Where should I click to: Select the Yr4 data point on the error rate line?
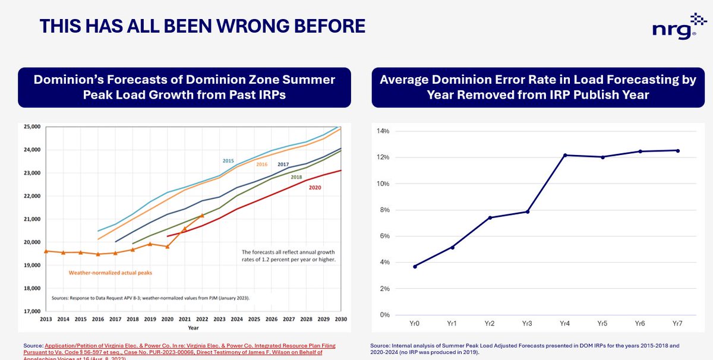[x=565, y=155]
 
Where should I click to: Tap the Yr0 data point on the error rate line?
[x=415, y=266]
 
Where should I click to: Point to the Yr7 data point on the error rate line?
[x=677, y=150]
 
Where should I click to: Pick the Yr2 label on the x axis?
[x=490, y=324]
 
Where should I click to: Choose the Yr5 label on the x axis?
[x=602, y=324]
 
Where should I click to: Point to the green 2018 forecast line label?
[x=297, y=177]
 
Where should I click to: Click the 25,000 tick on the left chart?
[x=31, y=127]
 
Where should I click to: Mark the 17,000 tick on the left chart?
[x=31, y=311]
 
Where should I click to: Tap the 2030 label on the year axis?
[x=340, y=319]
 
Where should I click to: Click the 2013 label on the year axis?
[x=46, y=319]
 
